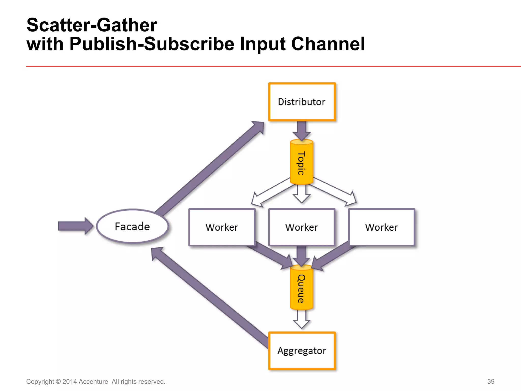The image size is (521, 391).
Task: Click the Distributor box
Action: [x=302, y=102]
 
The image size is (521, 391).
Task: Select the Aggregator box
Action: [x=302, y=351]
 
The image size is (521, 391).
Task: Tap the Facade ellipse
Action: [x=132, y=226]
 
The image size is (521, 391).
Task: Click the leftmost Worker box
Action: [x=222, y=227]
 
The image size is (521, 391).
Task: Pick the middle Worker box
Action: [x=302, y=227]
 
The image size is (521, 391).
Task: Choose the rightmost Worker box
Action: [x=382, y=227]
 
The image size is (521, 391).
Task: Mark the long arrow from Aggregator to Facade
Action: [x=209, y=298]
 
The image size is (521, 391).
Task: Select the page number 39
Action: [x=491, y=381]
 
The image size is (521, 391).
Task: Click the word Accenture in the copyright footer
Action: [x=93, y=382]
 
